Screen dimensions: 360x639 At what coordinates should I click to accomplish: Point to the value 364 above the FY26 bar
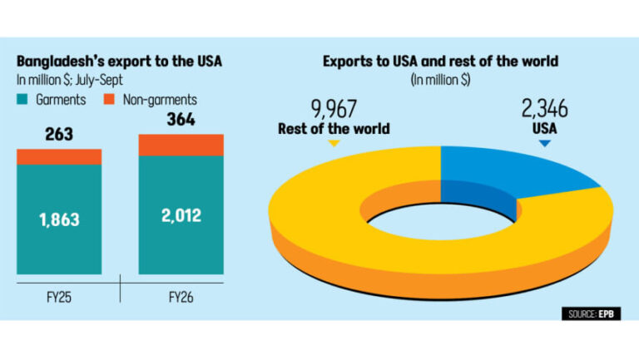(x=181, y=121)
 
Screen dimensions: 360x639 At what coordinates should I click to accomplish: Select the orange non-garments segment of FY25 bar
(x=59, y=156)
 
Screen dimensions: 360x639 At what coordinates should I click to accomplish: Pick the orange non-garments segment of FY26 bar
(x=181, y=145)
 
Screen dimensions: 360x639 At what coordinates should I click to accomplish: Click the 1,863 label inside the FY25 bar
(x=59, y=220)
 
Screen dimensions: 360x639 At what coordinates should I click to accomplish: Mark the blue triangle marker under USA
(x=544, y=144)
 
